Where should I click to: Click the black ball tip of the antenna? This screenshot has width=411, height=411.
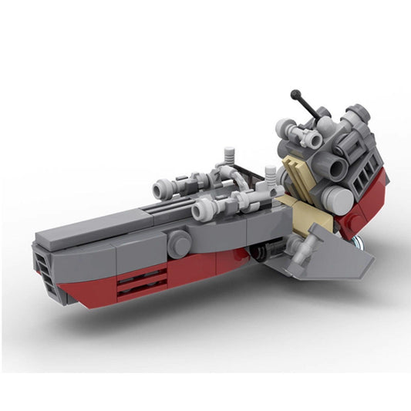point(295,95)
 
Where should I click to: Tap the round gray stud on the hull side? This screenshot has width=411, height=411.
point(179,245)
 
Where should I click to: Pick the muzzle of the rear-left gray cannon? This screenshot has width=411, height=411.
point(160,189)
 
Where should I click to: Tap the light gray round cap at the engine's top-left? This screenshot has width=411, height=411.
point(288,126)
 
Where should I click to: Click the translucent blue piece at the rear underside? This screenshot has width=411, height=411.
point(356,242)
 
